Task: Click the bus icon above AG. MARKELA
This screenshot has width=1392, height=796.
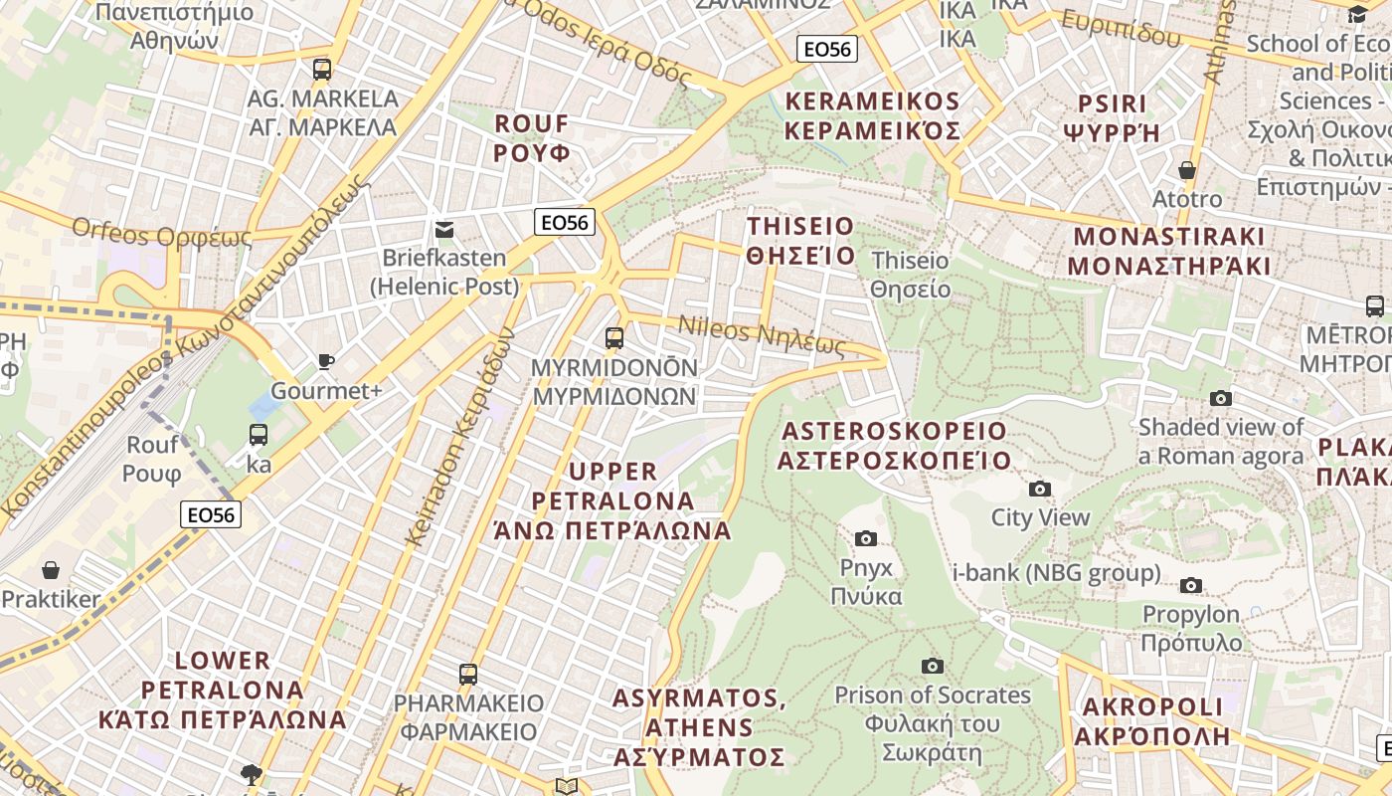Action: click(x=321, y=70)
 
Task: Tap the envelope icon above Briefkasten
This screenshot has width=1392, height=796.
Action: click(x=444, y=230)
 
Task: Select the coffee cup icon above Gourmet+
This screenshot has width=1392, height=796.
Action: click(x=325, y=362)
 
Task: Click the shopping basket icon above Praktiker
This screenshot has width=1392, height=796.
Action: click(x=51, y=570)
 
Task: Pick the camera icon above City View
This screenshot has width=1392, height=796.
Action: click(x=1040, y=489)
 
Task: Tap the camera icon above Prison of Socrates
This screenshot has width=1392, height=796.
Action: click(x=932, y=666)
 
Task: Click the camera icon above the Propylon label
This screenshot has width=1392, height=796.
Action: click(x=1191, y=585)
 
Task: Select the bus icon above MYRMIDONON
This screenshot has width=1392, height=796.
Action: click(x=614, y=338)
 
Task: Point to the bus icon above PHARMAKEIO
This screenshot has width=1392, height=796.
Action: click(x=468, y=675)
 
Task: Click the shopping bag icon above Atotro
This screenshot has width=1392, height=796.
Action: click(x=1186, y=170)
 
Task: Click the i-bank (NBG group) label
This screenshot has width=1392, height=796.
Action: click(x=1056, y=573)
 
